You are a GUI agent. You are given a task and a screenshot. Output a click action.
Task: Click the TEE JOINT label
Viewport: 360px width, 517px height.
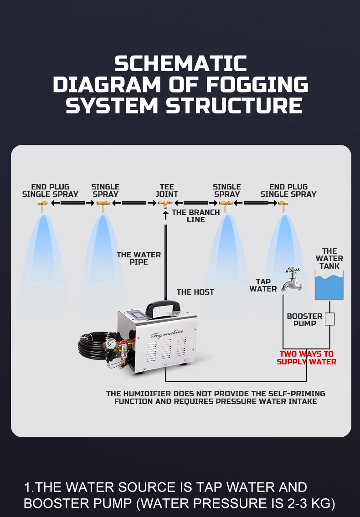167,190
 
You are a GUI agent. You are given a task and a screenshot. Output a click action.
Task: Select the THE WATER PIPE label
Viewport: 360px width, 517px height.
139,258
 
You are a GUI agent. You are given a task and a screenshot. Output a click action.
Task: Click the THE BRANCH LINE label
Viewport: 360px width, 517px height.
196,216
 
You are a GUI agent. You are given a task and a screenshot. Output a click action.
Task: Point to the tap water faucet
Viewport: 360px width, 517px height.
290,279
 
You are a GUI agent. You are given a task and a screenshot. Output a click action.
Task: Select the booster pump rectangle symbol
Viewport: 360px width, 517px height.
329,319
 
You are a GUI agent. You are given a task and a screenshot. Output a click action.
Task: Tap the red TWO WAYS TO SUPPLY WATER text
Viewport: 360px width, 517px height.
307,358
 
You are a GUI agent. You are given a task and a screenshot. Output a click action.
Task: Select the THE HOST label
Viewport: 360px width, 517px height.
195,292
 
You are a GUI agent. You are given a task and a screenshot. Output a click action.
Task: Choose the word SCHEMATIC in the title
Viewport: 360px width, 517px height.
180,64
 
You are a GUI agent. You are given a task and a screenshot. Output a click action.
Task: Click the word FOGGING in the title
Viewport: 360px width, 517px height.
257,85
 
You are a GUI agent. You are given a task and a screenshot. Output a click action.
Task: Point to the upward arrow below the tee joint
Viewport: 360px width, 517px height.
166,215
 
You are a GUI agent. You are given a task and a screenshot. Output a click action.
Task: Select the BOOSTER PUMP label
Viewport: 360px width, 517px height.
304,320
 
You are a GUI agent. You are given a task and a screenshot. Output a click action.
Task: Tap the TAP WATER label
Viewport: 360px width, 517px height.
263,285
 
